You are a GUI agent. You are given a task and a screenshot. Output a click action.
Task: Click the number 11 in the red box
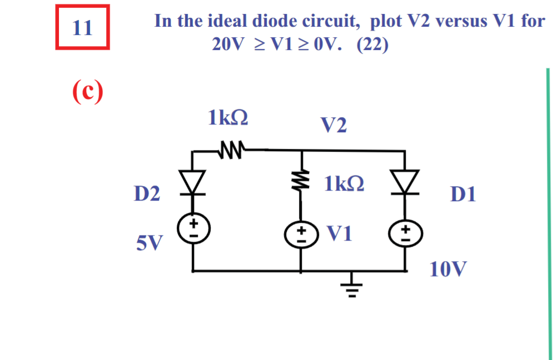coord(82,27)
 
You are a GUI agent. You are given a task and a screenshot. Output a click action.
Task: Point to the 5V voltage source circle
coord(193,228)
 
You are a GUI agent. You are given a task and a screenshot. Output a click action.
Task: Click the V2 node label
coord(333,126)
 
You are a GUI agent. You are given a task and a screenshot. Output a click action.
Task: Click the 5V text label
coord(150,242)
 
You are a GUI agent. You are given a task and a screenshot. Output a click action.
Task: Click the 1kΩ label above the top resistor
coord(228,118)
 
